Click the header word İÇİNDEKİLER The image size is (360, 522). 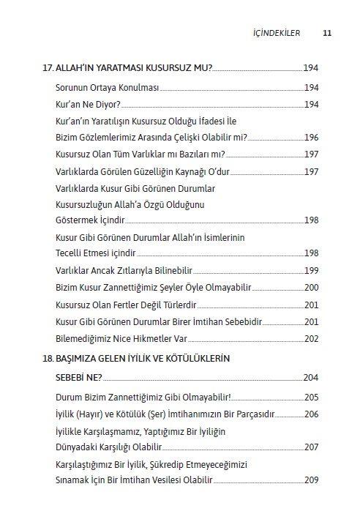coord(275,32)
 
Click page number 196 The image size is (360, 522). coord(310,137)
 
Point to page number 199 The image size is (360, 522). coord(310,270)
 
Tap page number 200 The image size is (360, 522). coord(310,287)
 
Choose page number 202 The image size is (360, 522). coord(310,338)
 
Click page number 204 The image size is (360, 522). coord(310,378)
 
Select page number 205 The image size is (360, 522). coord(310,398)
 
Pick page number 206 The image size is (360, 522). coord(310,414)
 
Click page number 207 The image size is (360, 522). coord(310,447)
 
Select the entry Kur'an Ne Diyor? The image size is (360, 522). coord(83,104)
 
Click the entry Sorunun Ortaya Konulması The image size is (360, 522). coord(107,88)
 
